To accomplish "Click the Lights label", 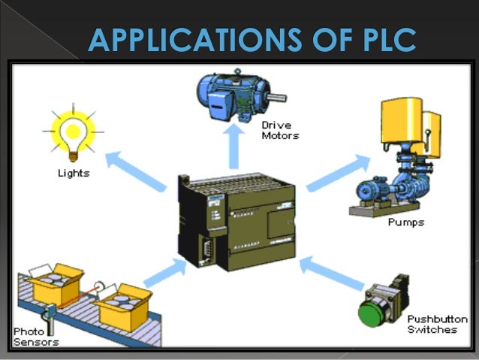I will pyautogui.click(x=74, y=173).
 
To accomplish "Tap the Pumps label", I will pyautogui.click(x=406, y=222).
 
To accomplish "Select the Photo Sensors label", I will pyautogui.click(x=36, y=336).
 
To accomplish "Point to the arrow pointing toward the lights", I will pyautogui.click(x=134, y=169).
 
